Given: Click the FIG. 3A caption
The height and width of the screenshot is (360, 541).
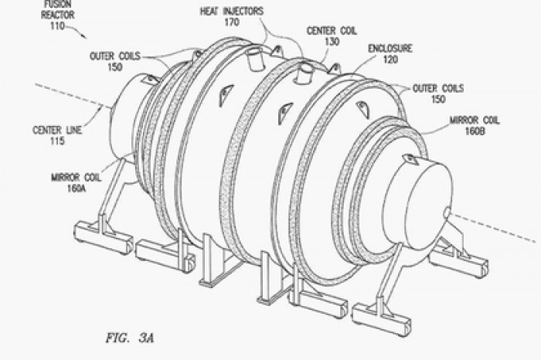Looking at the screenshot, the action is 130,338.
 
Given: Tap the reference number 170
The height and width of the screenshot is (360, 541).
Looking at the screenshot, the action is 232,22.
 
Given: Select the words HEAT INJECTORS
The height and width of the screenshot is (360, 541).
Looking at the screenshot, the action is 232,12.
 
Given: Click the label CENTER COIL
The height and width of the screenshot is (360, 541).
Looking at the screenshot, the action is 332,31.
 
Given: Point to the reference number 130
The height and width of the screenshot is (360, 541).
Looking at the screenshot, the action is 332,42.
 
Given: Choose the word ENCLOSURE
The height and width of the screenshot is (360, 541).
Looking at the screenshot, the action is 390,49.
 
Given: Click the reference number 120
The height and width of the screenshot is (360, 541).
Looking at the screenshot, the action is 390,59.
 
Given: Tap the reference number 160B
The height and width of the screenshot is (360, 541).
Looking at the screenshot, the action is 475,131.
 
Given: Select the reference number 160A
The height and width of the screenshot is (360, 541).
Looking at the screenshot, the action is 77,188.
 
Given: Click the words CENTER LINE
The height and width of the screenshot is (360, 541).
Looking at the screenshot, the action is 57,130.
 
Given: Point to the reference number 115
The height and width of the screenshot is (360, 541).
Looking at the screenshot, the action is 57,141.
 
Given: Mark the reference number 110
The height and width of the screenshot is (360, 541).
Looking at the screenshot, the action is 57,25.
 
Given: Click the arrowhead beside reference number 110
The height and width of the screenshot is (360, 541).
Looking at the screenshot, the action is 84,36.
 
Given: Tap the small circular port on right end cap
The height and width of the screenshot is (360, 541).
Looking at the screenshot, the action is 447,213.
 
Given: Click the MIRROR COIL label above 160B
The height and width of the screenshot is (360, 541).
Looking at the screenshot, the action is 475,121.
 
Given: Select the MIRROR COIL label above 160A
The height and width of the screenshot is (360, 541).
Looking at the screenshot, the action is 77,178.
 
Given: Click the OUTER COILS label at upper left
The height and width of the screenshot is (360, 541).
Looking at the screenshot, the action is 115,56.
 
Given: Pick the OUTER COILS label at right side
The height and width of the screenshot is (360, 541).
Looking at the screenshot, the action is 438,89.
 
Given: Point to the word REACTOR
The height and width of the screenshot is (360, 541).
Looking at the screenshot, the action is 58,15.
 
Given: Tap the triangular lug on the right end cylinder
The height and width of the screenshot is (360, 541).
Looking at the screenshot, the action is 410,159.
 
